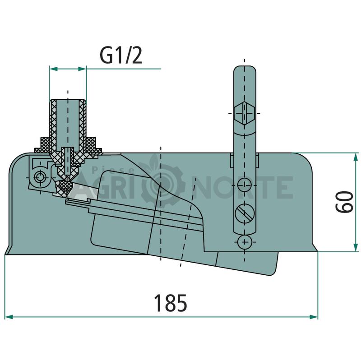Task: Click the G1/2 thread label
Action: click(x=121, y=56)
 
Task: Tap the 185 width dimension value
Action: click(x=171, y=303)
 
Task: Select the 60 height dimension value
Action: click(x=344, y=202)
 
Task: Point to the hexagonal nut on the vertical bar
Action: click(x=245, y=113)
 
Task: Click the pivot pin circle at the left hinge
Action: click(x=40, y=177)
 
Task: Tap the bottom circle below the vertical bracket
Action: click(x=245, y=242)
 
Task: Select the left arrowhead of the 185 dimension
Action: click(x=9, y=317)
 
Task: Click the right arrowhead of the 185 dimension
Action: click(x=314, y=317)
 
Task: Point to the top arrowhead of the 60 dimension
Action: click(x=356, y=157)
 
